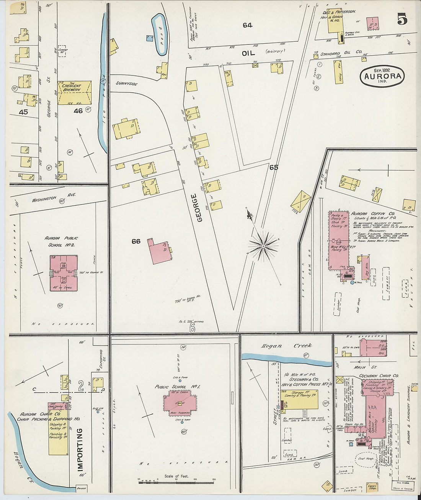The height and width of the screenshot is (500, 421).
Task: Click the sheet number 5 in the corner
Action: tap(401, 19)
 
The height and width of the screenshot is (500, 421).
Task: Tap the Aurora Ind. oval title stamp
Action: tap(382, 76)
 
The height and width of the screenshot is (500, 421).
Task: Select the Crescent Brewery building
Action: tap(75, 92)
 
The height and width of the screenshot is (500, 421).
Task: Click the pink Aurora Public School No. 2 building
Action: tap(64, 273)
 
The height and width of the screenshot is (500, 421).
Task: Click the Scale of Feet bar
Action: tap(176, 480)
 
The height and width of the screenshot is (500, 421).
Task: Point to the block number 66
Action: tap(136, 241)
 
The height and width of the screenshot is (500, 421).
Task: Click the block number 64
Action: tap(247, 25)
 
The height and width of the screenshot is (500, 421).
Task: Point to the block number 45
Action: tap(23, 112)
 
